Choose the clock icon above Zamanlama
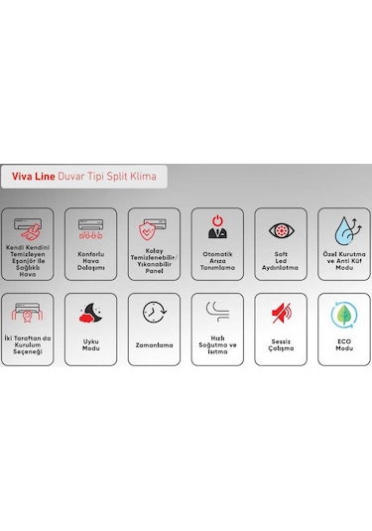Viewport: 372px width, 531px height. [x=154, y=315]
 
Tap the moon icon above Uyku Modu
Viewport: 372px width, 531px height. [x=90, y=315]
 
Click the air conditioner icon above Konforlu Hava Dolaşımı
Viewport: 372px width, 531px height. [x=90, y=227]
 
